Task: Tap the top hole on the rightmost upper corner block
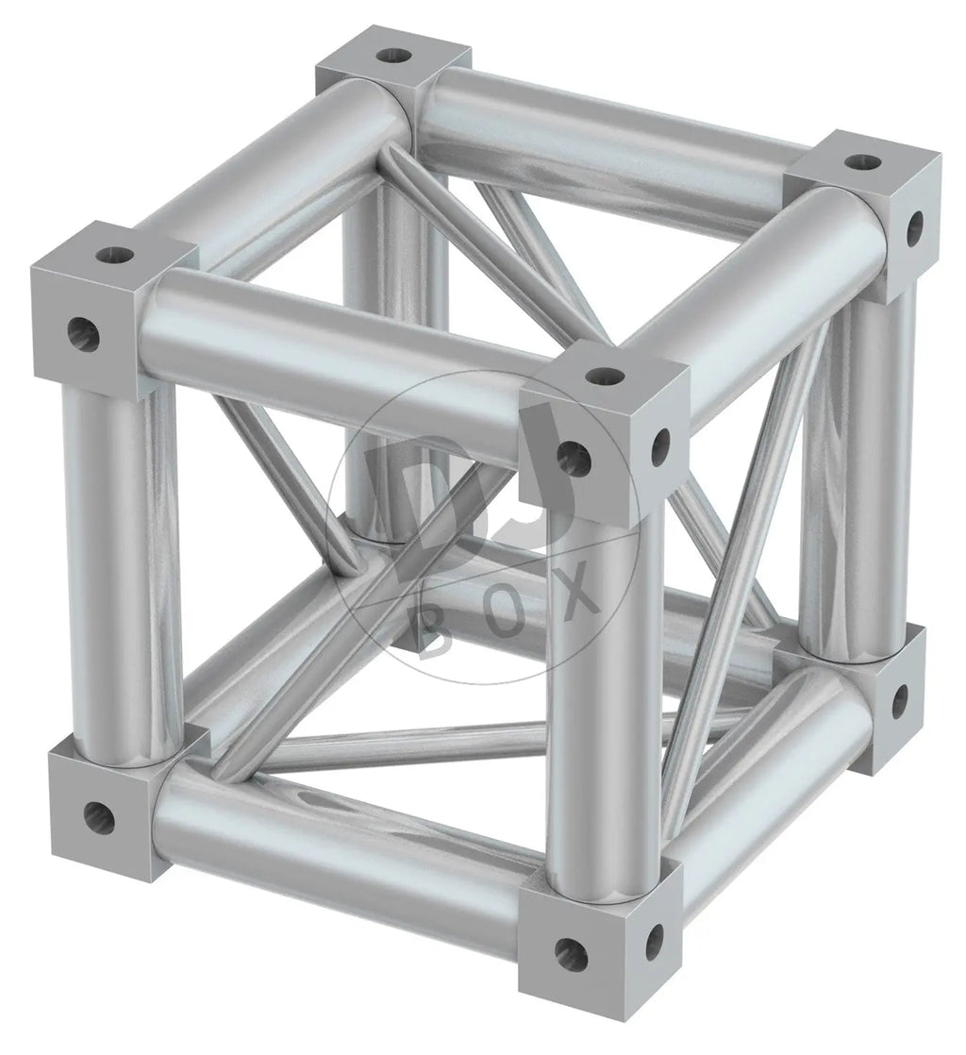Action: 862,161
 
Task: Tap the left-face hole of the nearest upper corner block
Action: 574,456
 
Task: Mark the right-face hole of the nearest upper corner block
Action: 661,443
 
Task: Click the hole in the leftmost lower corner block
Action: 98,817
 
